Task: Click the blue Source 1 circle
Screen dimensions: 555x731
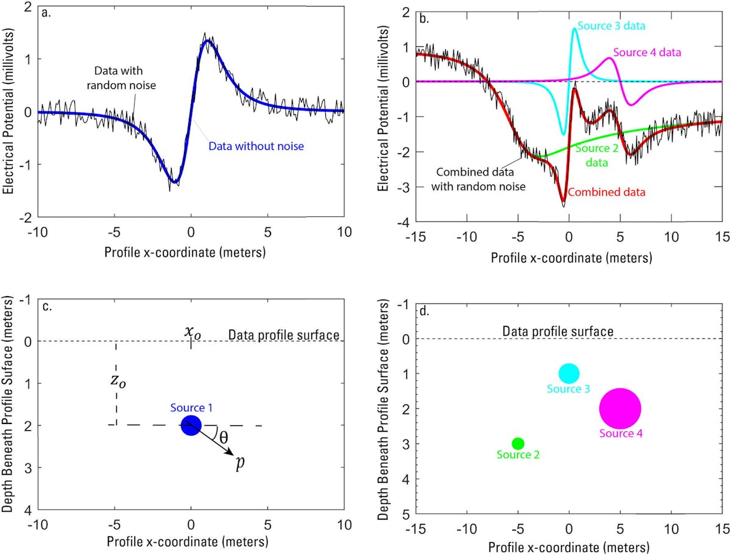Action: point(191,425)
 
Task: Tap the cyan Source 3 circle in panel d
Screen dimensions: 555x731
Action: point(569,373)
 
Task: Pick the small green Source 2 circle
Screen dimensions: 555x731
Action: point(518,443)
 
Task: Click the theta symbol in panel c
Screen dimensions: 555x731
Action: point(224,437)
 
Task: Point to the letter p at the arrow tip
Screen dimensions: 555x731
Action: point(240,462)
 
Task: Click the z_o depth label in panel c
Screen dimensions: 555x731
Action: point(115,382)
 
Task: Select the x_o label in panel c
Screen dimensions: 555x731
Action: point(192,332)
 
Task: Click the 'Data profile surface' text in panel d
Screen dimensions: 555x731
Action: point(557,331)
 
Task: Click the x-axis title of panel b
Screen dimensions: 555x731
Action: point(571,257)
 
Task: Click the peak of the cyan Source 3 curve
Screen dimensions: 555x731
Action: point(574,28)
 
